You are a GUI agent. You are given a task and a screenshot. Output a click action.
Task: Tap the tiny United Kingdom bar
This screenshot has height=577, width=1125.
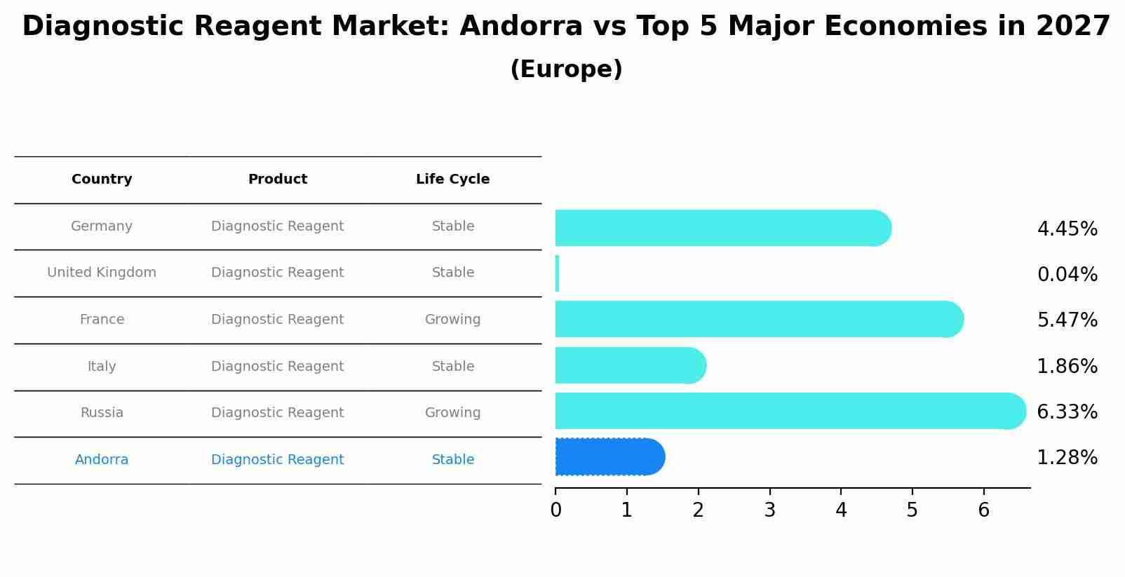558,273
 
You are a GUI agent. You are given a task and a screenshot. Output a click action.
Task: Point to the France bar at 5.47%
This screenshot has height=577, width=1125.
758,319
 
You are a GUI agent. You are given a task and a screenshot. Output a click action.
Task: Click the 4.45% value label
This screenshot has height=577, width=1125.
1067,229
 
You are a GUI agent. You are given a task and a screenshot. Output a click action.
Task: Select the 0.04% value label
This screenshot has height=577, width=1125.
1067,275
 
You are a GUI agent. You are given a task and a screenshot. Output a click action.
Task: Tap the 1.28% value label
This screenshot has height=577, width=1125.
1067,458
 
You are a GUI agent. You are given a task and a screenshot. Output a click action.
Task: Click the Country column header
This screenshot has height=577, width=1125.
102,179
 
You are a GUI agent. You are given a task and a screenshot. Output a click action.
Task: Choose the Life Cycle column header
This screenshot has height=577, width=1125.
452,179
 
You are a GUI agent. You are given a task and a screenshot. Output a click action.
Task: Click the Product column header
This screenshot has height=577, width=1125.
277,179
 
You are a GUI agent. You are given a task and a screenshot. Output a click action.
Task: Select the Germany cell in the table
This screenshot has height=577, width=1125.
102,226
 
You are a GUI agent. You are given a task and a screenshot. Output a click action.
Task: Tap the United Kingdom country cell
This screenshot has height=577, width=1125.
102,273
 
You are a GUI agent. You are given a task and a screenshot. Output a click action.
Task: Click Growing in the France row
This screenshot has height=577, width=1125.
452,320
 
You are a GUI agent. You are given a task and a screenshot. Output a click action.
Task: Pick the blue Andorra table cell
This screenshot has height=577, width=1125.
102,460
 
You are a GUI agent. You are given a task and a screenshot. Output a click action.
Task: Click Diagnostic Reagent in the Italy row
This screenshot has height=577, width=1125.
277,367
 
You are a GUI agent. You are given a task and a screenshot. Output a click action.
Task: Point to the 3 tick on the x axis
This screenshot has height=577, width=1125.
769,510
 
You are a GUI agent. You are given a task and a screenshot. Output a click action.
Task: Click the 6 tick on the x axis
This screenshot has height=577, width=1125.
983,510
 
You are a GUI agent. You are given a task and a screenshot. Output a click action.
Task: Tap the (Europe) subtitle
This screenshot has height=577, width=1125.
566,69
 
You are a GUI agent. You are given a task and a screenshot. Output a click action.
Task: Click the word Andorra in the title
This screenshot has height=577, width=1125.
520,27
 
